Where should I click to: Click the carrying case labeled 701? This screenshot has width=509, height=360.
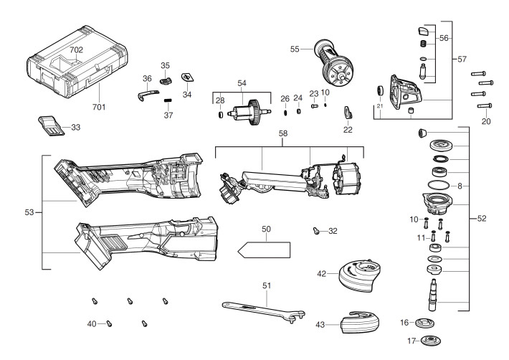point(77,62)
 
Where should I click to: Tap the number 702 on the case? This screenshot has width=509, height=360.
point(76,49)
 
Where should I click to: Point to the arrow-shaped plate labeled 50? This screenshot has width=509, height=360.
point(264,250)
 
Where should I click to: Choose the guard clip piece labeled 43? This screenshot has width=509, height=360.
point(359,322)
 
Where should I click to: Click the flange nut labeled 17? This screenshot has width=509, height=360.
point(431,341)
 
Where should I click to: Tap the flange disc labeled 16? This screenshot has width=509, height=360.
point(425,323)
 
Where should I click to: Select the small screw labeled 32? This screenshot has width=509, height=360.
point(316,231)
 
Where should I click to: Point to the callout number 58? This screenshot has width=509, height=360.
point(282,133)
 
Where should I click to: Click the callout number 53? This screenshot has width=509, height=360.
point(29,212)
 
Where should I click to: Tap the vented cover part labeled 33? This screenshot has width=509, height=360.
point(51,125)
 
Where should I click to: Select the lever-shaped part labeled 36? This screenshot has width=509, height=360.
point(148,95)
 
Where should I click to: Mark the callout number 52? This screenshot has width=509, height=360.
point(482,219)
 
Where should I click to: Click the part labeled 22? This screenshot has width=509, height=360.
point(348,113)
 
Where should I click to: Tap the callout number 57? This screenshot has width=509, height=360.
point(462,59)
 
